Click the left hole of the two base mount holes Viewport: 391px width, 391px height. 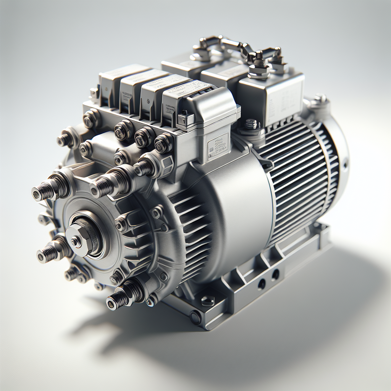pos(262,284)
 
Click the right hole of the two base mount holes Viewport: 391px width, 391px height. pos(275,274)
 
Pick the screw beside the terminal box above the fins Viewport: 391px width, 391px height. pos(251,124)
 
